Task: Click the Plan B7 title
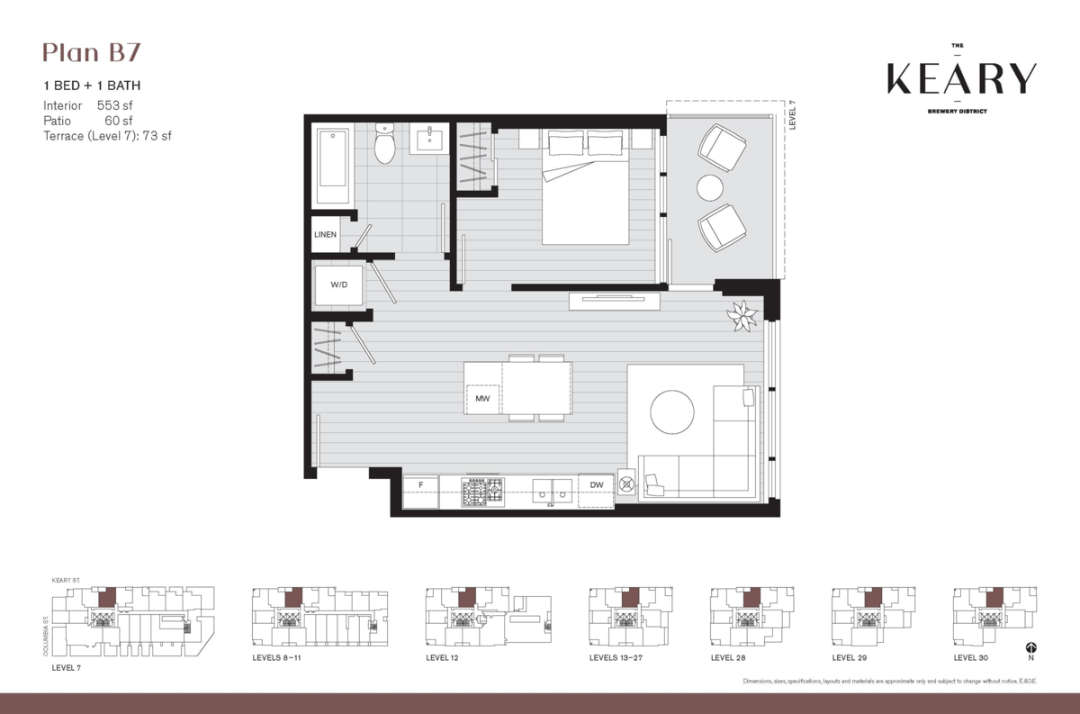[x=91, y=53]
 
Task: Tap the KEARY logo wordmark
[x=961, y=79]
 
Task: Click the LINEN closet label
[x=325, y=234]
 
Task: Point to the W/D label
[x=338, y=285]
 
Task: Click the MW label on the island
[x=482, y=397]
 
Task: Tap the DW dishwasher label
[x=596, y=486]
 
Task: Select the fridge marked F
[x=420, y=486]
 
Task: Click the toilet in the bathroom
[x=385, y=145]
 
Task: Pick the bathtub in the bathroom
[x=333, y=168]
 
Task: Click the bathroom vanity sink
[x=430, y=140]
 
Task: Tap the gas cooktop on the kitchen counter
[x=482, y=492]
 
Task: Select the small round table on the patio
[x=710, y=187]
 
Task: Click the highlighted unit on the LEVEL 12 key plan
[x=467, y=597]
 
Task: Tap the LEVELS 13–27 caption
[x=617, y=658]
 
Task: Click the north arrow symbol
[x=1030, y=647]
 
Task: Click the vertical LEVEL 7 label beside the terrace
[x=794, y=115]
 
